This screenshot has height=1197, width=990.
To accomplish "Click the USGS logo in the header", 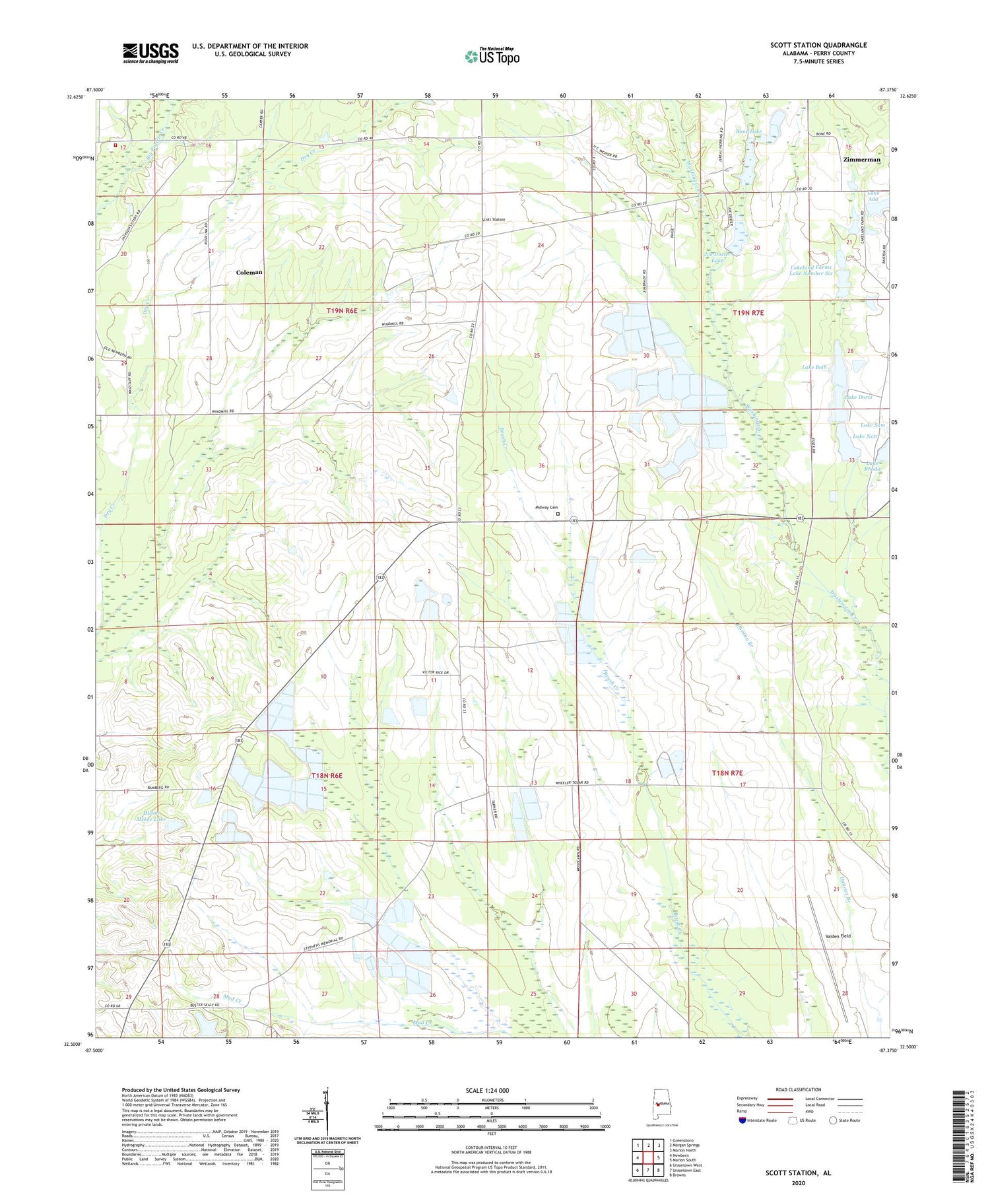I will click(150, 53).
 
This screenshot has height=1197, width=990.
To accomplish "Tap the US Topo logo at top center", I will click(492, 56).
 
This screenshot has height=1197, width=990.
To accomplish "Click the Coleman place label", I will click(249, 272).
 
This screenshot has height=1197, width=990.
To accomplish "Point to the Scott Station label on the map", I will click(493, 220).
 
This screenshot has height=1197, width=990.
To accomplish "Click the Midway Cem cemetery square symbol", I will click(557, 514).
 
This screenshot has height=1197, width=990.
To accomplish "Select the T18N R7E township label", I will click(727, 772).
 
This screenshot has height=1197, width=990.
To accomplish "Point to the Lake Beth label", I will click(814, 367).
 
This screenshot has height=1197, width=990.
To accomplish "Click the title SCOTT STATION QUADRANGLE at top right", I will click(818, 45).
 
